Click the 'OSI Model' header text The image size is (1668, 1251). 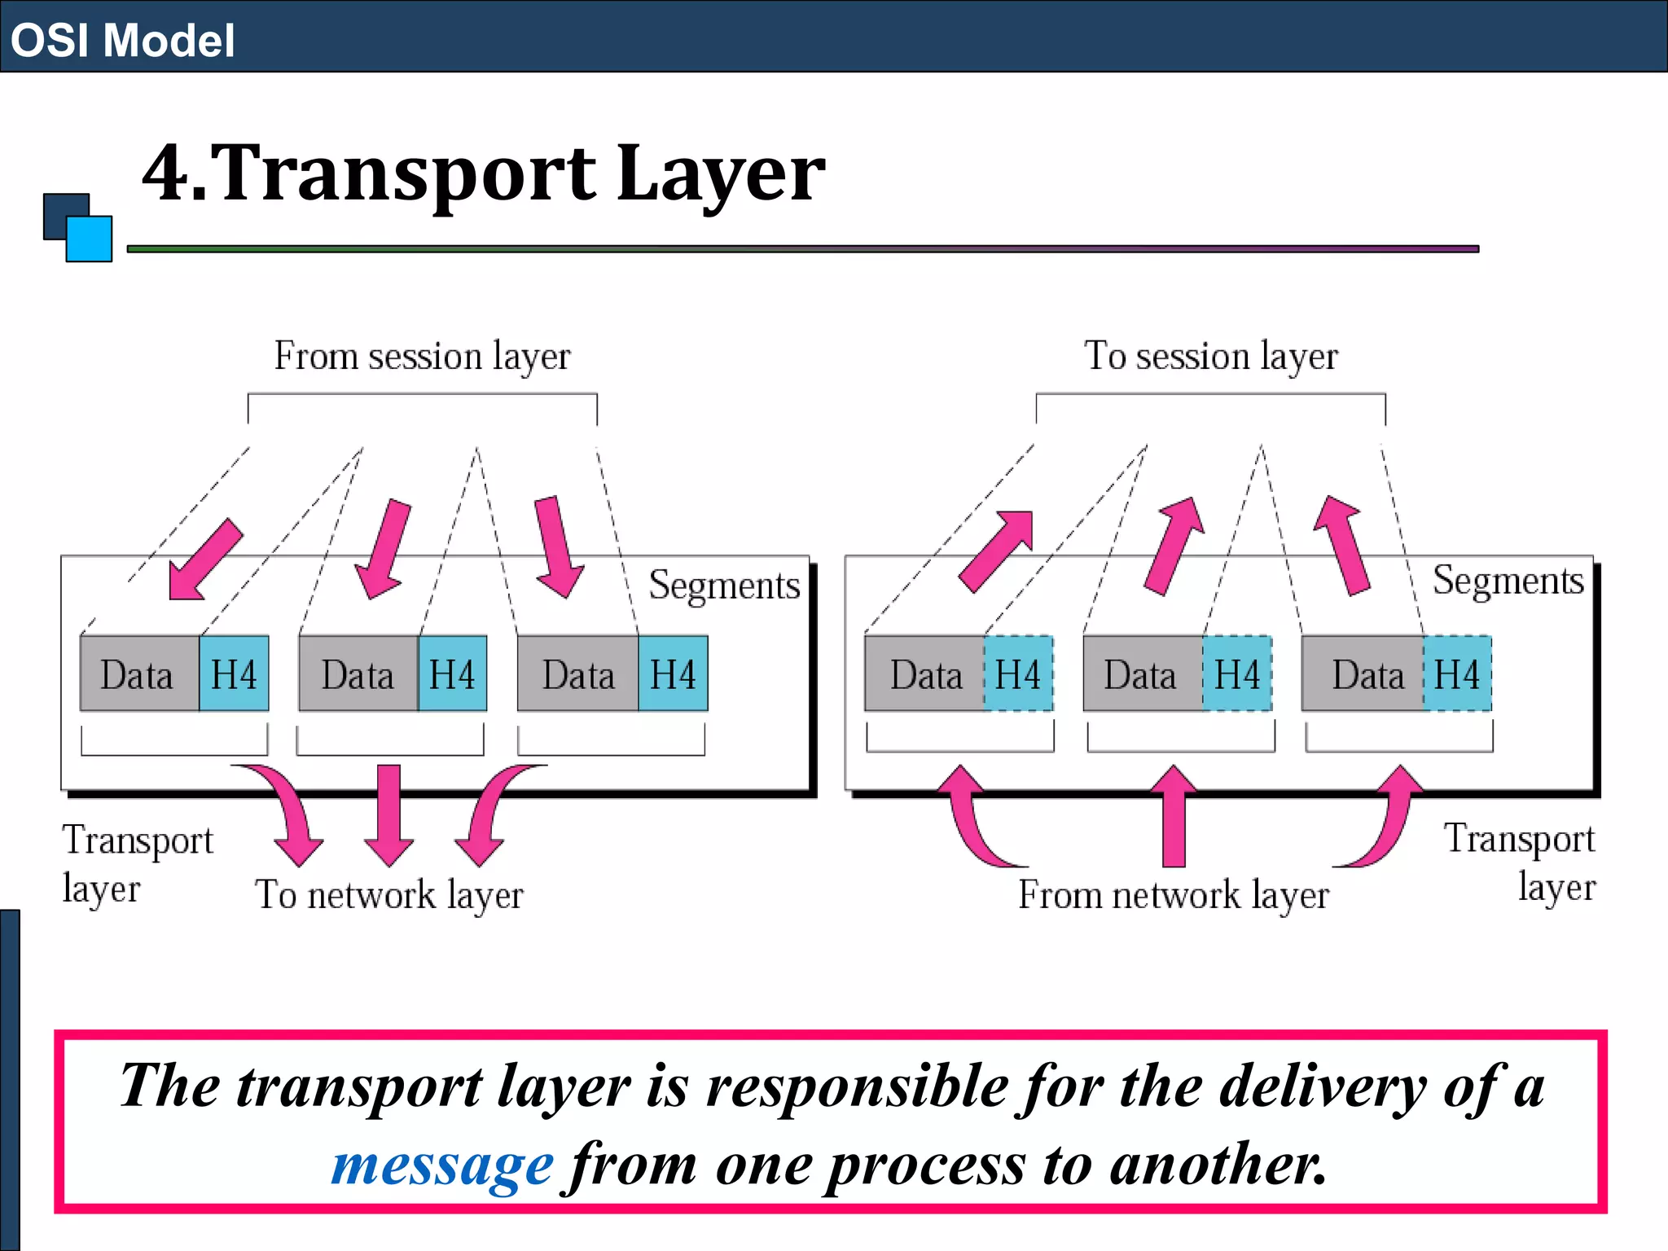[122, 40]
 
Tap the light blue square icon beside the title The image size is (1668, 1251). [90, 239]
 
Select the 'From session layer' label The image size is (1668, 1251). [422, 357]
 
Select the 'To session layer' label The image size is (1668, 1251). [1210, 357]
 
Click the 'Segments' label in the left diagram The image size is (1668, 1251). [724, 585]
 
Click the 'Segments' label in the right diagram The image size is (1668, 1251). [1508, 581]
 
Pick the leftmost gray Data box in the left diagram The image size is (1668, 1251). [139, 674]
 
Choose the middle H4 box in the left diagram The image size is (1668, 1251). [452, 674]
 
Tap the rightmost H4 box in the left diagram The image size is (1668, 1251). [673, 674]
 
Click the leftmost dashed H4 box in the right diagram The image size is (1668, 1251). [1018, 674]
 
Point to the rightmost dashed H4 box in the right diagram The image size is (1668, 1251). [1457, 674]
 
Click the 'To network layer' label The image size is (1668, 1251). [389, 895]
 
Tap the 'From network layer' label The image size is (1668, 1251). [1174, 895]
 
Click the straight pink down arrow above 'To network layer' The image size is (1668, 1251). [389, 814]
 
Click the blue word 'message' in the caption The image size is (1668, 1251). [442, 1165]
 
